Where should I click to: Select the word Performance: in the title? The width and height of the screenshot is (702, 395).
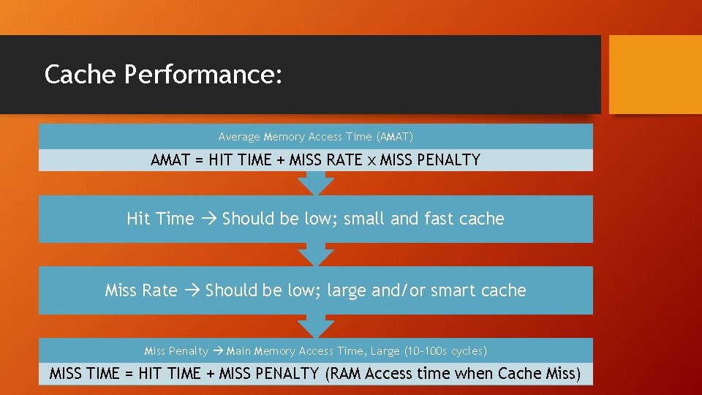[203, 75]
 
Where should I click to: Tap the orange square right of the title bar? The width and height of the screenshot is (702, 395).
[654, 75]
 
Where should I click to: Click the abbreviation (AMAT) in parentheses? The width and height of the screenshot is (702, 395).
[394, 137]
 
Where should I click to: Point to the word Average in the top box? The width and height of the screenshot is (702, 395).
[239, 137]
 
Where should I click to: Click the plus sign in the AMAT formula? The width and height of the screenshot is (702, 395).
[280, 160]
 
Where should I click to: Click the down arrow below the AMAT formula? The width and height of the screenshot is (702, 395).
[316, 184]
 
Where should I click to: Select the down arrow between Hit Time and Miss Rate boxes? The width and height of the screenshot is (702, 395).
[316, 255]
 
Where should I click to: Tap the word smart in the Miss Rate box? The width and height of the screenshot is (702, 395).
[450, 290]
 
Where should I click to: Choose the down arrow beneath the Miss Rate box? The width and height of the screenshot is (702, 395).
[316, 327]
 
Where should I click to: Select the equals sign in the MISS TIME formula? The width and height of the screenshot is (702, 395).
[129, 375]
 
